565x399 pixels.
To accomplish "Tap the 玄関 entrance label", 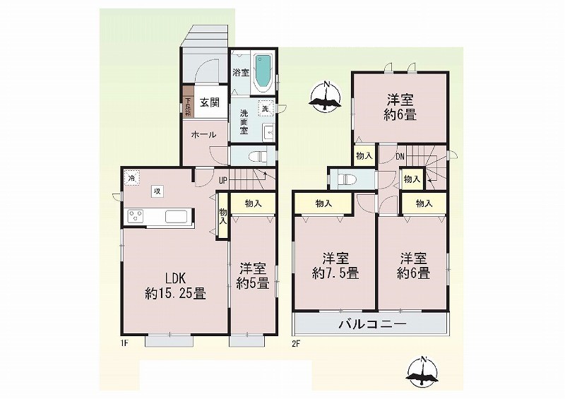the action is click(209, 102).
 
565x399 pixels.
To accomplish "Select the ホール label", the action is click(203, 135).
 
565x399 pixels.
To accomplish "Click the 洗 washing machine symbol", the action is click(266, 108).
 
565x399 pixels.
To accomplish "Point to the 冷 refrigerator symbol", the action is click(132, 177).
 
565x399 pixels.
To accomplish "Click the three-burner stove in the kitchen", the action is click(136, 217).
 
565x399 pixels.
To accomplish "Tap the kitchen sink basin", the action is click(176, 217).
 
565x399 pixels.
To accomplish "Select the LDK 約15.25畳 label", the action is click(175, 286).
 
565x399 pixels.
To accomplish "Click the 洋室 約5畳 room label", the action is click(253, 276).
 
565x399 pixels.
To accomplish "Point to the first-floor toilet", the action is click(258, 155).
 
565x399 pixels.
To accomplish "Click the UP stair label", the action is click(222, 180).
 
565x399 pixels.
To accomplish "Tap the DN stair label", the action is click(400, 157).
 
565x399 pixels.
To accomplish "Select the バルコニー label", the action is click(372, 324).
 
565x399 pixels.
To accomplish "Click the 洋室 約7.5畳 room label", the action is click(335, 266).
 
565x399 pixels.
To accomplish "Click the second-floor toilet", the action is click(347, 179).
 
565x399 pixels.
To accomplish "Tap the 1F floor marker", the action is click(124, 343).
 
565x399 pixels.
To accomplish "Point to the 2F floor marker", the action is click(295, 343).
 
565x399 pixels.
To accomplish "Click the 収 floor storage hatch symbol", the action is click(157, 191).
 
